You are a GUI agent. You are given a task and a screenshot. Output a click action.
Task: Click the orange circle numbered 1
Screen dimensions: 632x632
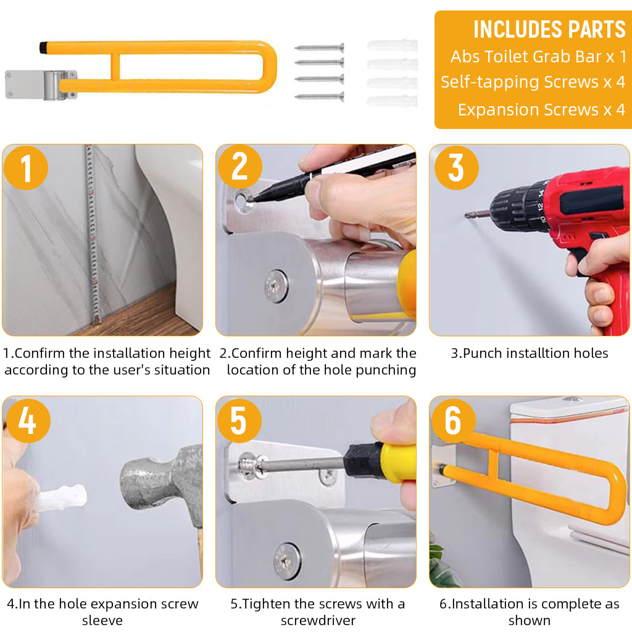26,168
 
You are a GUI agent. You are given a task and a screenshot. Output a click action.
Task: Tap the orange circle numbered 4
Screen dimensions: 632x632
28,421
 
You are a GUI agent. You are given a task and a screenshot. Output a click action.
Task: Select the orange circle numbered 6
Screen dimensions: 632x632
453,421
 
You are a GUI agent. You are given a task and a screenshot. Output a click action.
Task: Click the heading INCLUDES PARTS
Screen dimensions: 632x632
549,29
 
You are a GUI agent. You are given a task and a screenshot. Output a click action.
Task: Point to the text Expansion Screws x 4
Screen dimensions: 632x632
541,110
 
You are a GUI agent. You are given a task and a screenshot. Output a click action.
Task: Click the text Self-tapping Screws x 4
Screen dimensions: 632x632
533,82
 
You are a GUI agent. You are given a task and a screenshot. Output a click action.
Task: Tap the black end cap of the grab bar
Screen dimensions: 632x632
43,47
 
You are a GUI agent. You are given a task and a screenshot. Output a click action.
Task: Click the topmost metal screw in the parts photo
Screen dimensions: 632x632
319,48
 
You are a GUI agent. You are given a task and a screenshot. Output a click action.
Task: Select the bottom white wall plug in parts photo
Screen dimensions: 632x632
392,101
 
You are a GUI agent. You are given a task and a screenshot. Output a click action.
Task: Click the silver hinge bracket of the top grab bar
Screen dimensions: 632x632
40,85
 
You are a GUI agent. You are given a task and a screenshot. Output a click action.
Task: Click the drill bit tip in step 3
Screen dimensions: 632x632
467,215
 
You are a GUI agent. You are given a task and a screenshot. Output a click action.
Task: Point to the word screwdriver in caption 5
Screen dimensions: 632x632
318,620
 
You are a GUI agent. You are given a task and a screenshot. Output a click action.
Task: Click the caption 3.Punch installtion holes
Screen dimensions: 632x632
529,353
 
